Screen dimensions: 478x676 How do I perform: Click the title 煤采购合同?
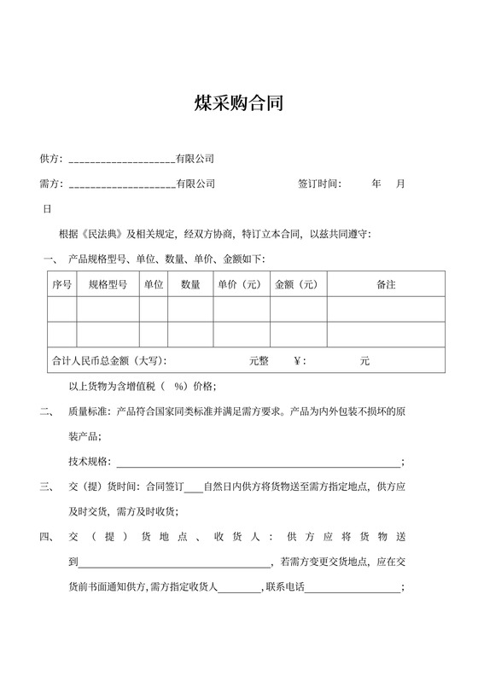pos(238,104)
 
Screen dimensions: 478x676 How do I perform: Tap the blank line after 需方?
pos(121,185)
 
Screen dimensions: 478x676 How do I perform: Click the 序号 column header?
pos(61,284)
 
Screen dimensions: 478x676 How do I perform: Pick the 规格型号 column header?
pos(108,284)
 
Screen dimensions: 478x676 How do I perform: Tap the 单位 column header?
pos(154,284)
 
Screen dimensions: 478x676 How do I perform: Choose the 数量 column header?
pos(190,284)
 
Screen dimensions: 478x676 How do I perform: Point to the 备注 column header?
pos(385,284)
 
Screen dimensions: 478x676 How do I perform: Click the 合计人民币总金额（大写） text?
pos(109,361)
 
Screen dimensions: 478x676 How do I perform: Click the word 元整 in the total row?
pos(259,361)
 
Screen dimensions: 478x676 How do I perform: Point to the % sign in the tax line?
pos(180,387)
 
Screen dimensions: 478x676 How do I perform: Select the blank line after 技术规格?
pos(256,463)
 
